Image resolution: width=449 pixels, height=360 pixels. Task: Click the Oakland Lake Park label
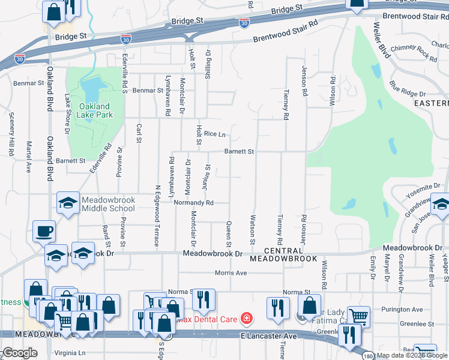tap(95, 111)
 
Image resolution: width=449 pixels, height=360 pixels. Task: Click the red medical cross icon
tap(245, 317)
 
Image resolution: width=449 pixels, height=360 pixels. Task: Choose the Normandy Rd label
tap(194, 203)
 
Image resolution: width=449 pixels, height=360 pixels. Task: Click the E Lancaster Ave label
tap(269, 336)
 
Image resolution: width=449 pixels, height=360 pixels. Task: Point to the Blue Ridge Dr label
tap(407, 89)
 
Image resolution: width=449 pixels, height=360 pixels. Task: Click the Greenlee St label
tap(418, 324)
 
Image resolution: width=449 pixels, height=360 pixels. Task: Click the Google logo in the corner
tap(20, 353)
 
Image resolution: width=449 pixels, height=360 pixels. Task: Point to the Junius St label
tap(206, 178)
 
